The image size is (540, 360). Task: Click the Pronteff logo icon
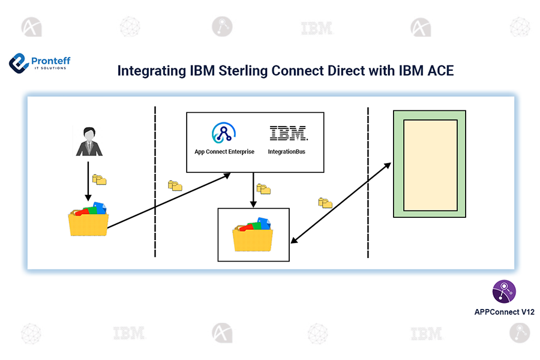(x=19, y=62)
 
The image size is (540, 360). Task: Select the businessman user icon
(x=89, y=142)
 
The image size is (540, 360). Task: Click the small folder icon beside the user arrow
(x=100, y=179)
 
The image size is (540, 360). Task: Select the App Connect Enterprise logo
(x=224, y=133)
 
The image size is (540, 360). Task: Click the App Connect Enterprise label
(x=224, y=152)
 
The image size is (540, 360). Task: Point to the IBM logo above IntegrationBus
(x=288, y=133)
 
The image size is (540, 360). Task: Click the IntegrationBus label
(x=287, y=152)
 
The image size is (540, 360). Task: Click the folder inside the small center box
(x=253, y=234)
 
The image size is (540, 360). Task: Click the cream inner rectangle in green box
(x=430, y=164)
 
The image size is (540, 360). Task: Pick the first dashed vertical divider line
(x=155, y=180)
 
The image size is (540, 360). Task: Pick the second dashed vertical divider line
(x=368, y=180)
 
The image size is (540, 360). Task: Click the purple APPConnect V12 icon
(x=503, y=292)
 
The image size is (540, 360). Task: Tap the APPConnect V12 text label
(x=504, y=312)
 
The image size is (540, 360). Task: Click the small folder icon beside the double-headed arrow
(x=325, y=203)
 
